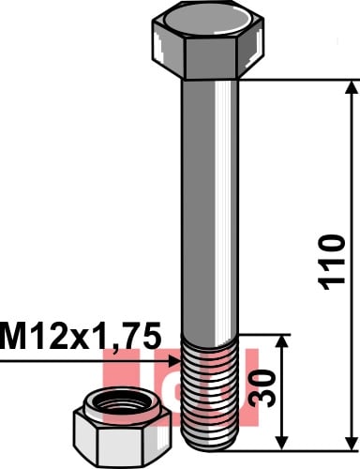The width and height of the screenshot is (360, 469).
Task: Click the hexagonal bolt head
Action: coord(208,40)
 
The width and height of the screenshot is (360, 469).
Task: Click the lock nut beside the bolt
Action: coord(122,428)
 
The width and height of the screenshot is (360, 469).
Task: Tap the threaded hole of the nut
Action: coord(122,404)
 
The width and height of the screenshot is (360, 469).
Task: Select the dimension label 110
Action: coord(332,263)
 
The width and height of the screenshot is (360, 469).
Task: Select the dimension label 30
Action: coord(263,388)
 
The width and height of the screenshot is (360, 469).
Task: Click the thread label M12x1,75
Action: coord(81,336)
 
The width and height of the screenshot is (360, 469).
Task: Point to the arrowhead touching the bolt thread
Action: coord(174,361)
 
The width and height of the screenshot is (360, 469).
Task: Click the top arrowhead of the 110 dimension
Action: coord(352,87)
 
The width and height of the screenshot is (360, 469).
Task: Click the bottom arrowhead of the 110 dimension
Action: coord(352,443)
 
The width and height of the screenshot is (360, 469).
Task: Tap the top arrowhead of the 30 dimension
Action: coord(282,342)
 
